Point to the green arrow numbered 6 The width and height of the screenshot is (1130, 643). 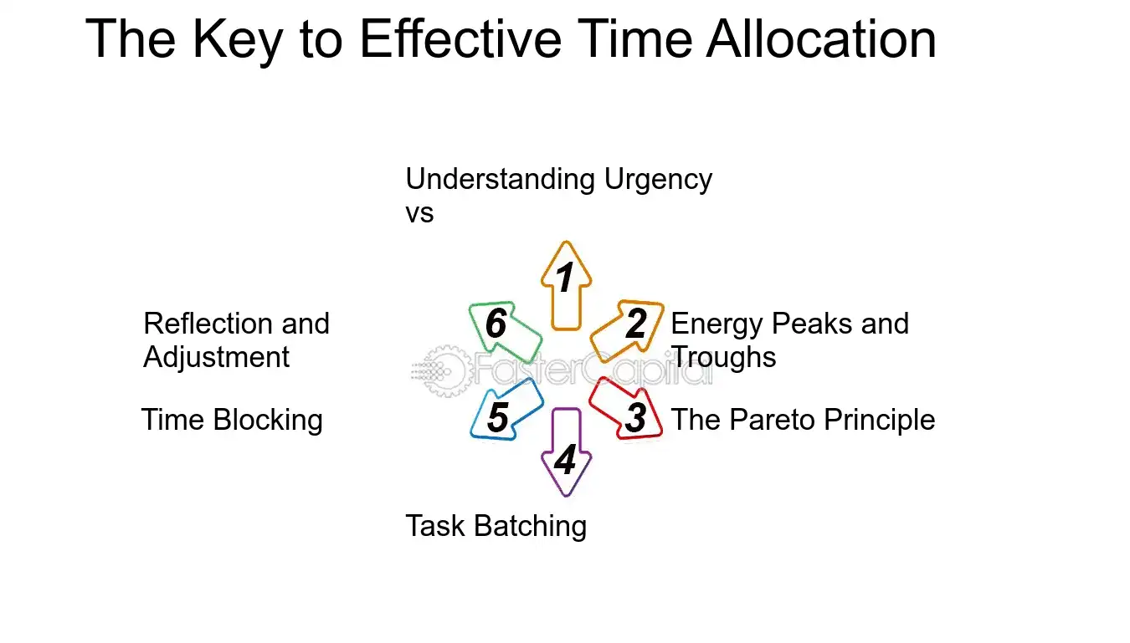500,326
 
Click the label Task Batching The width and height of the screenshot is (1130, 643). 496,526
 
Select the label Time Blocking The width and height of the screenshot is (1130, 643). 232,420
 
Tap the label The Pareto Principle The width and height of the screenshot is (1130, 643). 803,420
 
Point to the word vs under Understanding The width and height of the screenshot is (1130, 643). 419,212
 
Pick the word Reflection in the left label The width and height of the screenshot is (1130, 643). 205,324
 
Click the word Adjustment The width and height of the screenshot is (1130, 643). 216,357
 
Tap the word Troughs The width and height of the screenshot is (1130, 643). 724,357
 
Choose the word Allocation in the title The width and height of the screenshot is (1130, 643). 821,39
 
